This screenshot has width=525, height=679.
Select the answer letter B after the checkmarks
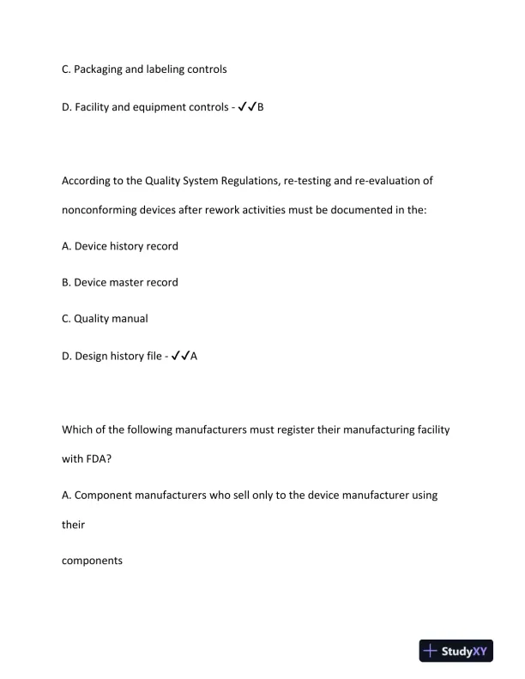coord(261,107)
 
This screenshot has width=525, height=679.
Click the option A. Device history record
coord(120,246)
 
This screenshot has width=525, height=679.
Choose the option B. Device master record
coord(120,282)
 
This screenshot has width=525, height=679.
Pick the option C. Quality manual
coord(105,318)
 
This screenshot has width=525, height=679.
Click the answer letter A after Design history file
coord(194,356)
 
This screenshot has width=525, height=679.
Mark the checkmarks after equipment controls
coord(246,107)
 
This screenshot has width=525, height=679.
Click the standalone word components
coord(93,561)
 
